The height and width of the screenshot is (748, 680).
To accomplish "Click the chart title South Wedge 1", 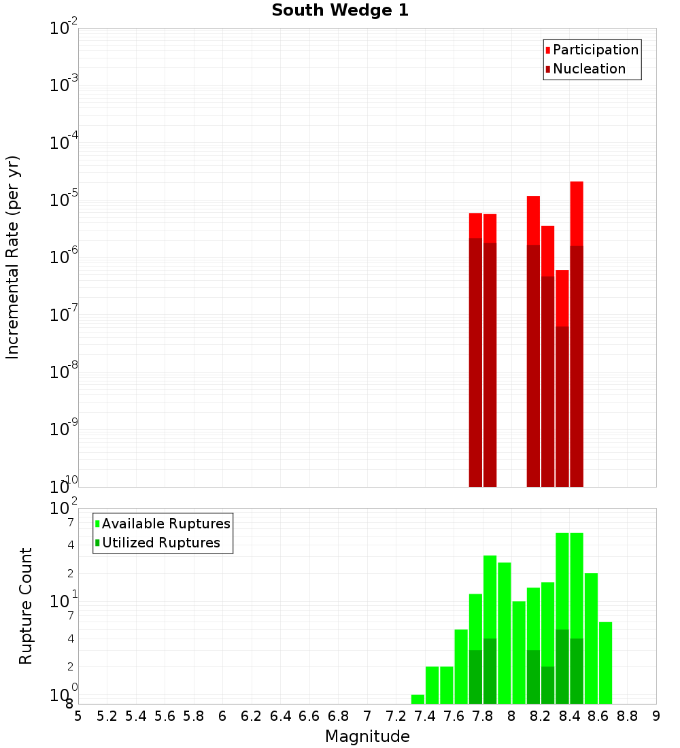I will [340, 11].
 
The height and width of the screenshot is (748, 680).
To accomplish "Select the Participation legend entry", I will [595, 50].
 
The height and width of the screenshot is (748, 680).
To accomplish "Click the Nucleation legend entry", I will [588, 69].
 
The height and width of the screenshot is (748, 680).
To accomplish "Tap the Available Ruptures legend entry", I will [165, 524].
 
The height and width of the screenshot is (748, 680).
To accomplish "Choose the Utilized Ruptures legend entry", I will [160, 543].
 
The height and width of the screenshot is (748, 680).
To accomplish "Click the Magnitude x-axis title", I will [367, 736].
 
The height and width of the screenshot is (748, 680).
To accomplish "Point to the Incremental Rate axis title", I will [13, 258].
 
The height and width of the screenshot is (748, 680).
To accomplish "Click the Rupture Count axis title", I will [26, 606].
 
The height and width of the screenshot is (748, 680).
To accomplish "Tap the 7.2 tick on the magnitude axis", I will [396, 716].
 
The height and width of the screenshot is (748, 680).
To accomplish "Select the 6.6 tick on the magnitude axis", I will [309, 716].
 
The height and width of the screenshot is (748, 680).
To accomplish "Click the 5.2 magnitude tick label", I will [107, 716].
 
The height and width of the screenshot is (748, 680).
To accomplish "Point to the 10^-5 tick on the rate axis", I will [64, 200].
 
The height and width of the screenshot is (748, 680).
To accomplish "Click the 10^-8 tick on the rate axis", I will [64, 372].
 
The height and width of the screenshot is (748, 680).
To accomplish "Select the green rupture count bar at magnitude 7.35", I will [418, 699].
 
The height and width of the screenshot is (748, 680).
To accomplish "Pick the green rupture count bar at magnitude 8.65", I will [605, 663].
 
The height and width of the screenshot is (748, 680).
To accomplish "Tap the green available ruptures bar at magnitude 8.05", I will [519, 653].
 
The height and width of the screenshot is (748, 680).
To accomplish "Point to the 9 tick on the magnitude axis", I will [656, 716].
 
